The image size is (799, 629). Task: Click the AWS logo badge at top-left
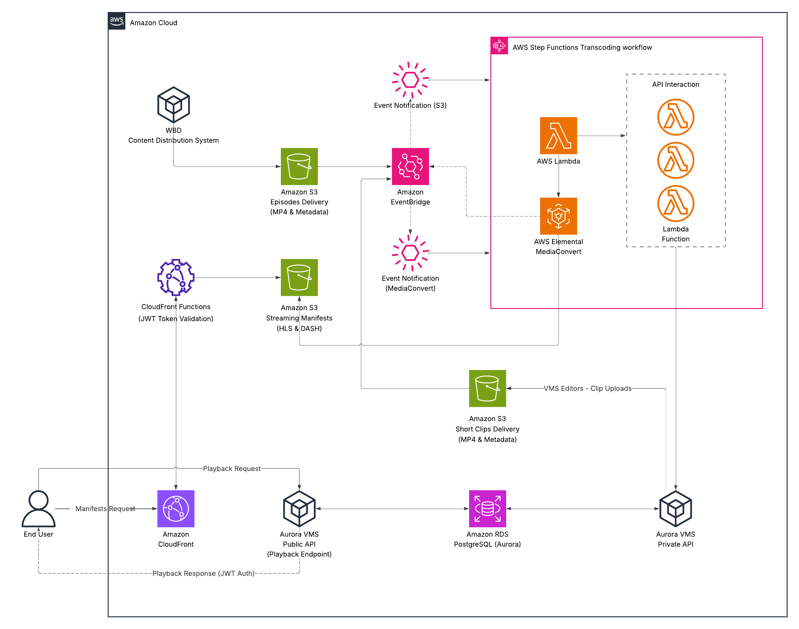(116, 21)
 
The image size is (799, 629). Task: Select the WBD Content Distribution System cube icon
(173, 105)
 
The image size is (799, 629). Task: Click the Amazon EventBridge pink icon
(410, 166)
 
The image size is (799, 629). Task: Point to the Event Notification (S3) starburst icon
(410, 80)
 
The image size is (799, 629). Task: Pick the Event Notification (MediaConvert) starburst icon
(410, 253)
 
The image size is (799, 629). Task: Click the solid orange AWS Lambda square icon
(558, 136)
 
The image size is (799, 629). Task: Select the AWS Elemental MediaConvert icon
(558, 216)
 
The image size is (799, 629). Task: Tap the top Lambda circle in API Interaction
(675, 117)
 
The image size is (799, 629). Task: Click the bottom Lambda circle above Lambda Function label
(675, 203)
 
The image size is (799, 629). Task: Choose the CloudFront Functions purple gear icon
(176, 277)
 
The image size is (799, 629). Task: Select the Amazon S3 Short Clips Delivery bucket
(487, 388)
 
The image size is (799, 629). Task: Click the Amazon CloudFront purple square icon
(176, 508)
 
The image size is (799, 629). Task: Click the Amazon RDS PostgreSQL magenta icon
(487, 508)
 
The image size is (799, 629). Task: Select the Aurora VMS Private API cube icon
(675, 508)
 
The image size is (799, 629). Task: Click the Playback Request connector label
(231, 468)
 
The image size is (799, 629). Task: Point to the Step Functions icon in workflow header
(499, 46)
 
